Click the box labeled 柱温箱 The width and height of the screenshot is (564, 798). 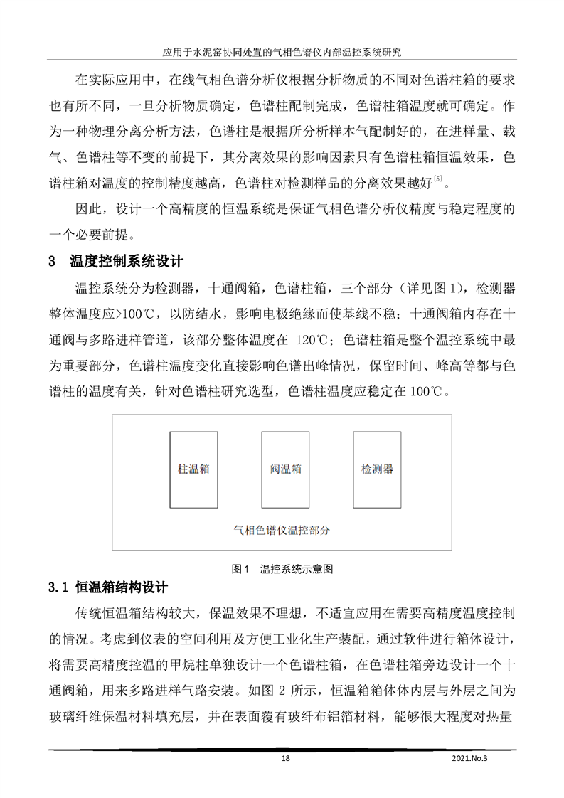193,469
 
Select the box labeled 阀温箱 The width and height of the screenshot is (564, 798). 285,469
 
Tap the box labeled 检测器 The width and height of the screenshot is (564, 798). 377,469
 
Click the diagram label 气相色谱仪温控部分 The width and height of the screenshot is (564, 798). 282,530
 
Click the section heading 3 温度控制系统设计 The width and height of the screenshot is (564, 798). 117,261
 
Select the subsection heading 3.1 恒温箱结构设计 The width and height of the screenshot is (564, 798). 108,588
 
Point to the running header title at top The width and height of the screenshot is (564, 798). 282,52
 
